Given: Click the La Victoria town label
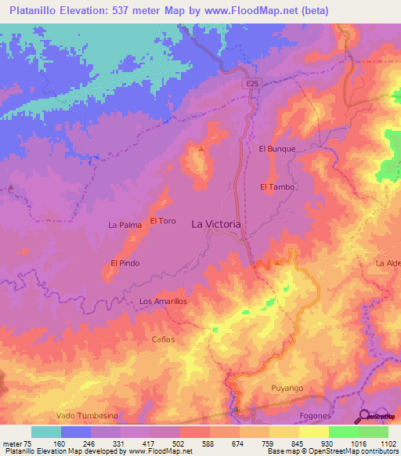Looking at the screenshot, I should (217, 223).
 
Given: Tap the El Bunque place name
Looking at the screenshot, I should (276, 148).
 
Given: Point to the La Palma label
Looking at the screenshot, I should (125, 225).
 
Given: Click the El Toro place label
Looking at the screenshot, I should (162, 221).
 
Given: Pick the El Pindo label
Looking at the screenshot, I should (125, 263).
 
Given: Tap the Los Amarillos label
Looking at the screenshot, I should (163, 301).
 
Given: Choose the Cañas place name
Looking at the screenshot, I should (162, 340).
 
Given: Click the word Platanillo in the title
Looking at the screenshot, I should (37, 10).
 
